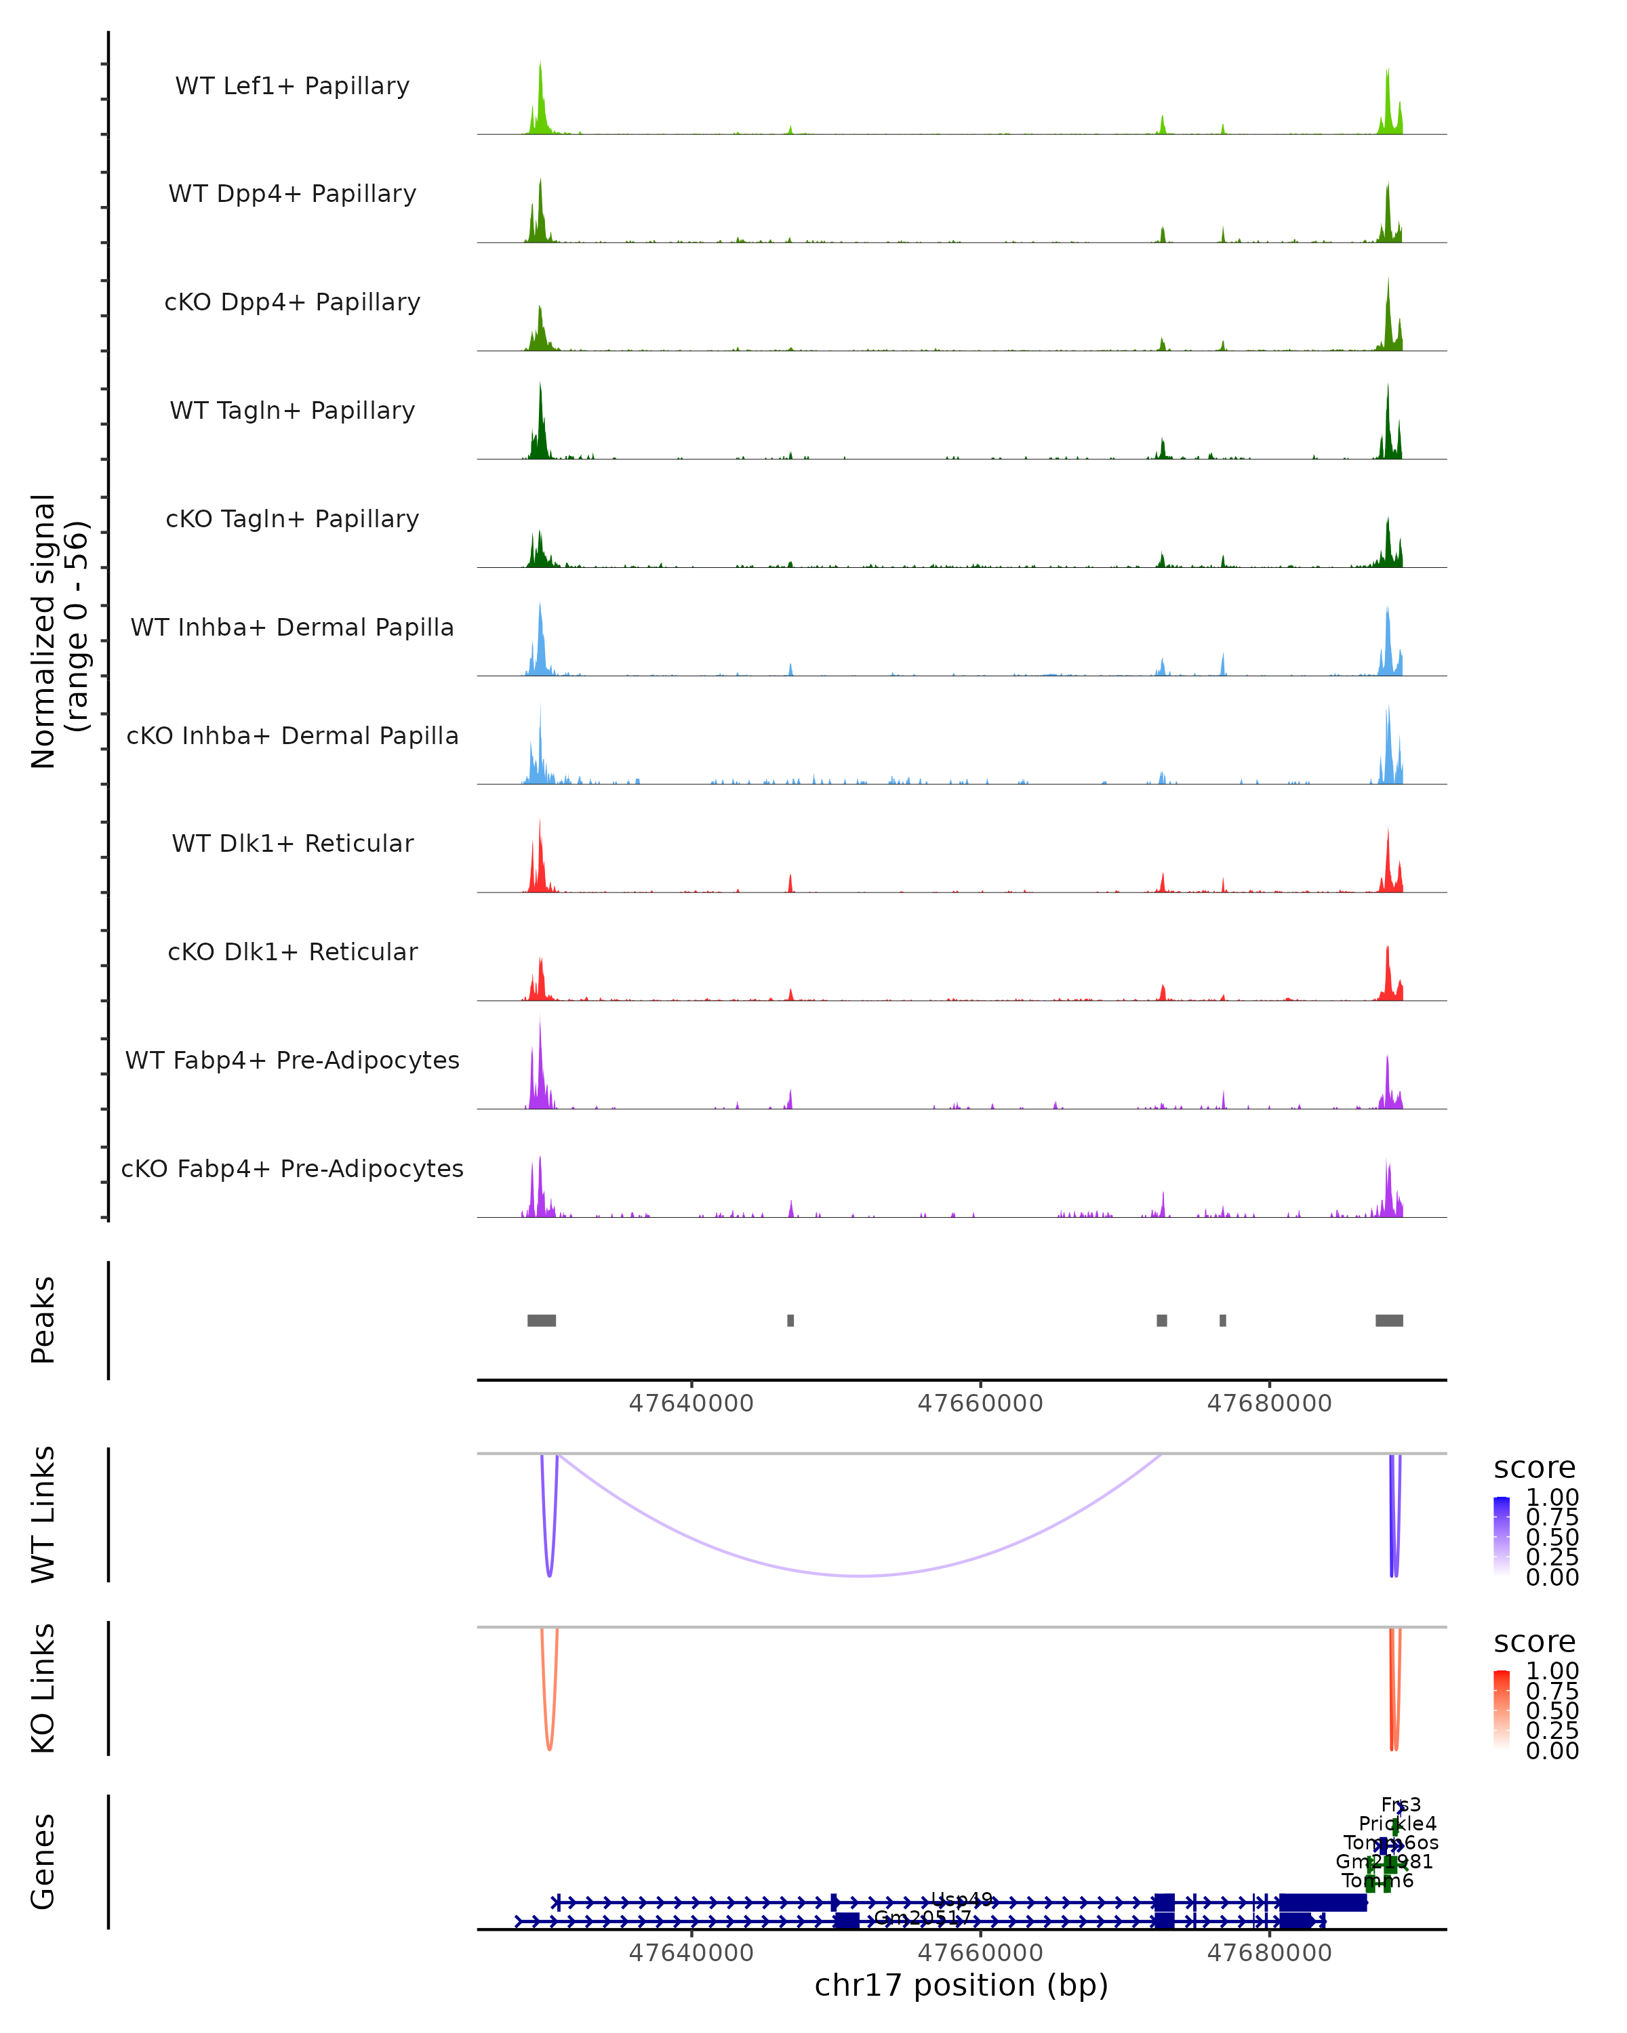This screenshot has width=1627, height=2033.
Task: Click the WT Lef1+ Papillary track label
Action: click(292, 86)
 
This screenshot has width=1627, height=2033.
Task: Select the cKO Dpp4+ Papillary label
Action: click(292, 303)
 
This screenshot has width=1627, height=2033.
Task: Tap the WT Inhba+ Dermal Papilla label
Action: click(292, 628)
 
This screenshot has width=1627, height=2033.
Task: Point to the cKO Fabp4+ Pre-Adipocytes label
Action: click(292, 1169)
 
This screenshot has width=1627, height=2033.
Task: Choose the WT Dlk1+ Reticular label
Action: click(292, 844)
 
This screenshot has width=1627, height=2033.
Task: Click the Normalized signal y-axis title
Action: click(58, 632)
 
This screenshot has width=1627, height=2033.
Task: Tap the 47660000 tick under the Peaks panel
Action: click(980, 1404)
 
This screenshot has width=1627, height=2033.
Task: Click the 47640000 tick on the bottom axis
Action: click(691, 1953)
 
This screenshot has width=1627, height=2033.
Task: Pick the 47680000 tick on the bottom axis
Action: click(1270, 1953)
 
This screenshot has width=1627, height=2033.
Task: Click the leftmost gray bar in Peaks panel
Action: click(542, 1321)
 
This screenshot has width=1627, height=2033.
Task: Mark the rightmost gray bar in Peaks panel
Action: click(1388, 1321)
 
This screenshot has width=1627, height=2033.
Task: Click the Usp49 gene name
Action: click(961, 1900)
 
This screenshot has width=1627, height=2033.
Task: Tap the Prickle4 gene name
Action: click(1398, 1824)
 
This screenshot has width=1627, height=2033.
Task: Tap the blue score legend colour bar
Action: click(1502, 1536)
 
